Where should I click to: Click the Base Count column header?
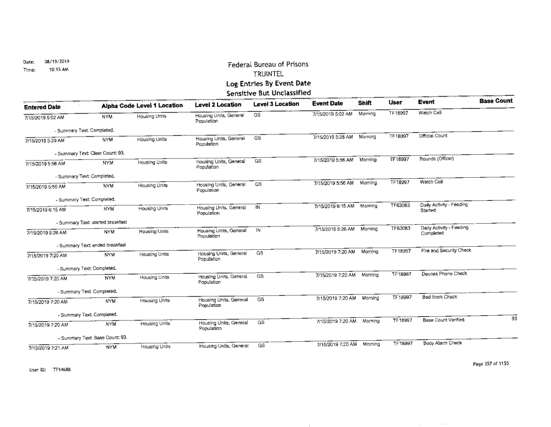pyautogui.click(x=495, y=100)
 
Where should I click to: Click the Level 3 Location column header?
pyautogui.click(x=276, y=104)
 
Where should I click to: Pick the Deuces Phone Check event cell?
pyautogui.click(x=441, y=274)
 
